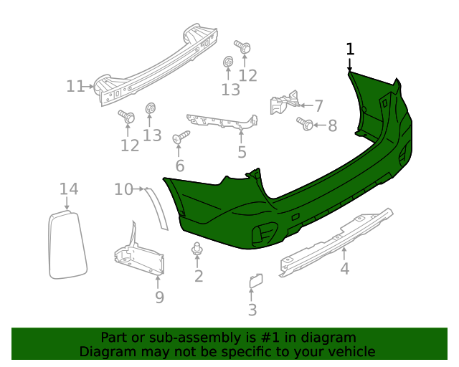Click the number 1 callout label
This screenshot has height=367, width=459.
point(350,49)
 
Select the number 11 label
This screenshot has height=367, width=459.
point(75,87)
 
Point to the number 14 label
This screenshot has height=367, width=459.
point(69,189)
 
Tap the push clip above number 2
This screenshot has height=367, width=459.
point(196,249)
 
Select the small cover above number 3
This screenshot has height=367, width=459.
point(255,281)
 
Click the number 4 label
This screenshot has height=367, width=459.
point(345,269)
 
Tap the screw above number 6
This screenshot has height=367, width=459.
point(181,135)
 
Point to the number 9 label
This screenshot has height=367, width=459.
point(159,297)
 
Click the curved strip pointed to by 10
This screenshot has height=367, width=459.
point(158,208)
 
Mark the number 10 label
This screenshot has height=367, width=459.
point(123,189)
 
